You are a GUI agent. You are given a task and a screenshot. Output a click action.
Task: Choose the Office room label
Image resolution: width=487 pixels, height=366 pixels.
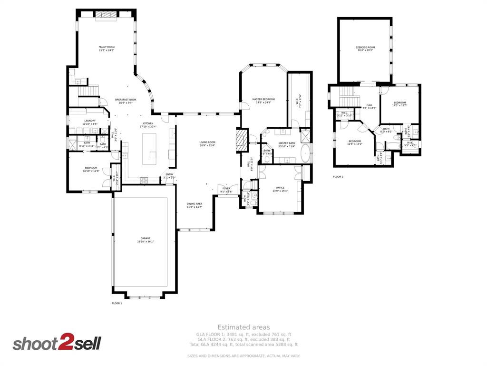(280, 189)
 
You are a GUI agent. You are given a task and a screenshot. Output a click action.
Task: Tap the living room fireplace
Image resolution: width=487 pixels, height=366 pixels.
(242, 140)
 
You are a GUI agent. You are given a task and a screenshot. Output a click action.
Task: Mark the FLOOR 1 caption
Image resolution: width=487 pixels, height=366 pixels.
(117, 303)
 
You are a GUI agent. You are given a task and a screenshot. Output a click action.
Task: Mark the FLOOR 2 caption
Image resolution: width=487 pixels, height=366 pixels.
(338, 177)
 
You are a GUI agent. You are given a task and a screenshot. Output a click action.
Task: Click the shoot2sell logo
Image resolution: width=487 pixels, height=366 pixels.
(57, 343)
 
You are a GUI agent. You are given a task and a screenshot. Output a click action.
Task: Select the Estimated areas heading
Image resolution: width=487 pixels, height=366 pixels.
(243, 327)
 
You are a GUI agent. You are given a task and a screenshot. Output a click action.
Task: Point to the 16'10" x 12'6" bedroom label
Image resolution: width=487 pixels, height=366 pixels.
(91, 169)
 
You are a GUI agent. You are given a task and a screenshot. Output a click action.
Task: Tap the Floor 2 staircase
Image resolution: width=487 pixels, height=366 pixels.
(350, 95)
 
